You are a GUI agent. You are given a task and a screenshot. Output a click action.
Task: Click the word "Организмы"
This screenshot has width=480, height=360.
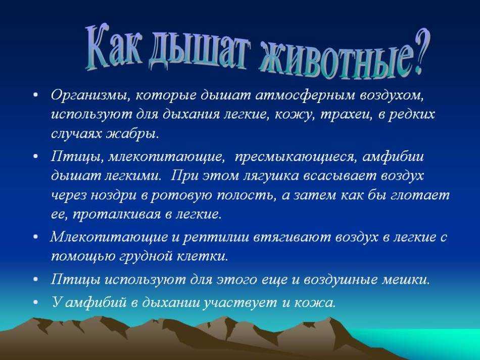(89, 95)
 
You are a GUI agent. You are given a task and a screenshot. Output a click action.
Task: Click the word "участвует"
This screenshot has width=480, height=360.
(239, 302)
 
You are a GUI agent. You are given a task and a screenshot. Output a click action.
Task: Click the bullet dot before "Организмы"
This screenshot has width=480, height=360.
(36, 95)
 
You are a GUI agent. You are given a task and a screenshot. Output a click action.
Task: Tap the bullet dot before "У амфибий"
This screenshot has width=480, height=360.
(36, 302)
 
